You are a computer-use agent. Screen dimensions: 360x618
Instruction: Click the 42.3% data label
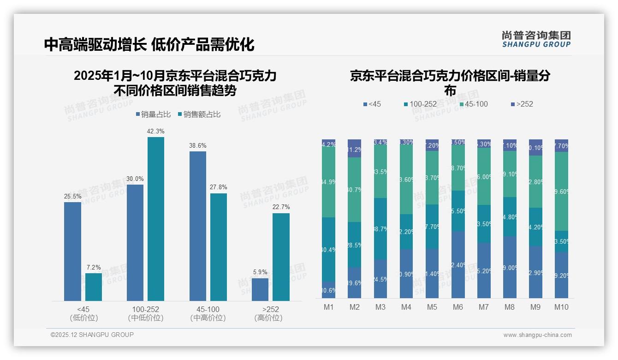pyautogui.click(x=155, y=132)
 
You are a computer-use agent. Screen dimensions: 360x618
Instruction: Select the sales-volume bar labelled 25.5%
pyautogui.click(x=72, y=252)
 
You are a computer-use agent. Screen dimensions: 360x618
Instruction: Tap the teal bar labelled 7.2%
pyautogui.click(x=94, y=287)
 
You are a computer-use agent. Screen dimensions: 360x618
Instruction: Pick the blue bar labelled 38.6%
pyautogui.click(x=197, y=226)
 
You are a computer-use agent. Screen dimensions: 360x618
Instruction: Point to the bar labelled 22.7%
pyautogui.click(x=281, y=257)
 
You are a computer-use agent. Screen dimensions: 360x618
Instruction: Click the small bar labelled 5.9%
pyautogui.click(x=260, y=289)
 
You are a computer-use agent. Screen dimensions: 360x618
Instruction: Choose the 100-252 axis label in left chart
pyautogui.click(x=145, y=309)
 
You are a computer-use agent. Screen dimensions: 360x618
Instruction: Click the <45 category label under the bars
pyautogui.click(x=83, y=309)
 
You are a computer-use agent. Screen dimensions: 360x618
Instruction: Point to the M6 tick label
pyautogui.click(x=458, y=307)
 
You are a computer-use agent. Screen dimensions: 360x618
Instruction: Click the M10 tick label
pyautogui.click(x=561, y=307)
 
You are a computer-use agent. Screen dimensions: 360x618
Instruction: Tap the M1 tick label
pyautogui.click(x=328, y=307)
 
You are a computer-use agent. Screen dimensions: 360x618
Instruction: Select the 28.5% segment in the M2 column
pyautogui.click(x=354, y=245)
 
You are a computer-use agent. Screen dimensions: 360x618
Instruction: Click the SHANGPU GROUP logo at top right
pyautogui.click(x=536, y=39)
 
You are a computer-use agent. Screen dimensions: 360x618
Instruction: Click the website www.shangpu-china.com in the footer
pyautogui.click(x=537, y=335)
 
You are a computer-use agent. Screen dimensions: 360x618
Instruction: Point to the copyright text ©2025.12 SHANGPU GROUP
pyautogui.click(x=92, y=335)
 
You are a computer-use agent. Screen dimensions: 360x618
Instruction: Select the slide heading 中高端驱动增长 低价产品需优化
pyautogui.click(x=149, y=45)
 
